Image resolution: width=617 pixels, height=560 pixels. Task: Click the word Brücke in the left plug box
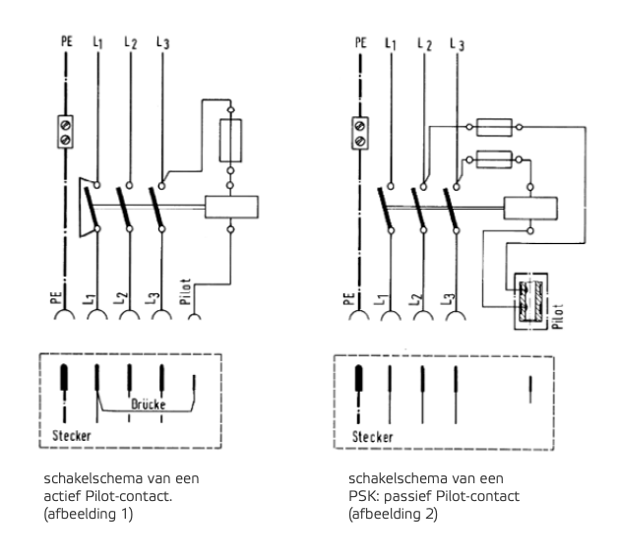[x=149, y=404]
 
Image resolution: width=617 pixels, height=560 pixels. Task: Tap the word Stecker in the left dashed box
[x=72, y=436]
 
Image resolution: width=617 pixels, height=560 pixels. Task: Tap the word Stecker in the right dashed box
[x=372, y=437]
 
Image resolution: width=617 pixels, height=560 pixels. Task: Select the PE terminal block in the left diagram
[x=65, y=132]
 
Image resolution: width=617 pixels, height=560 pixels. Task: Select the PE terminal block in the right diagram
[x=359, y=133]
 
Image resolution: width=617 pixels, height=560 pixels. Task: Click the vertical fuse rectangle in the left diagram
[x=230, y=141]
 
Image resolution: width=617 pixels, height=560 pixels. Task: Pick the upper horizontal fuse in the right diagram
[x=494, y=127]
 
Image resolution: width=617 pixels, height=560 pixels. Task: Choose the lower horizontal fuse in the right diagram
[x=494, y=159]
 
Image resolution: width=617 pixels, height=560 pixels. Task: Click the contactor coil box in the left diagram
[x=231, y=207]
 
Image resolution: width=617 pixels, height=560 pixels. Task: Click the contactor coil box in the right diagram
[x=530, y=209]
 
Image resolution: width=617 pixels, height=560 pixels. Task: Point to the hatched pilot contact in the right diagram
[x=530, y=301]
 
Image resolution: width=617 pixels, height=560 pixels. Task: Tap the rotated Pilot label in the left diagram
[x=185, y=291]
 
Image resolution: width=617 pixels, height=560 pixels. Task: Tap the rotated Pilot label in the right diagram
[x=558, y=316]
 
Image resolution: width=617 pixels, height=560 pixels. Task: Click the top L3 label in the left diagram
[x=163, y=42]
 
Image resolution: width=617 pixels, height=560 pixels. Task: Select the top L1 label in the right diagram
[x=391, y=43]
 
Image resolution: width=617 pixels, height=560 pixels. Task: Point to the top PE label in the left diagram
[x=67, y=41]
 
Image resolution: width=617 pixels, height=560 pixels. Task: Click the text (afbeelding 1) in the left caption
[x=89, y=514]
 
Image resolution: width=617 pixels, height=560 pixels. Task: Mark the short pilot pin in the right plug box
[x=530, y=389]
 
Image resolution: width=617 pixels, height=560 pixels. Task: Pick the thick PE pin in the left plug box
[x=64, y=377]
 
